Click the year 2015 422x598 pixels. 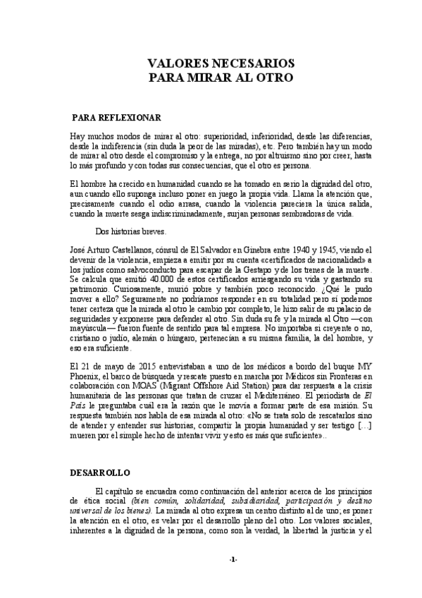point(139,367)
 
